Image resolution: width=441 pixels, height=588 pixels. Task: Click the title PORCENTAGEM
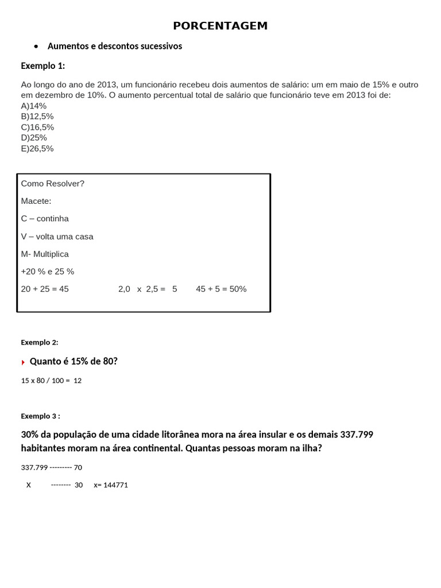(x=220, y=26)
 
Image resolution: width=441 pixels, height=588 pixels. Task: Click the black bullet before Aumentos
(x=36, y=46)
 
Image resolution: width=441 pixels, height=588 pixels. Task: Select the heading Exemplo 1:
(x=43, y=65)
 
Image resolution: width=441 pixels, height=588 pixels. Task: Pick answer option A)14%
(x=34, y=106)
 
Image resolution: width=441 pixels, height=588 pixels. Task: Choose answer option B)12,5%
(x=37, y=117)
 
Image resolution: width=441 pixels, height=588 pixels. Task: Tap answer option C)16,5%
(x=37, y=127)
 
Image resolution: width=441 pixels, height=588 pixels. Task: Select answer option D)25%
(x=34, y=138)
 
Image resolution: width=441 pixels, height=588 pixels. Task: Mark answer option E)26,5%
(x=37, y=148)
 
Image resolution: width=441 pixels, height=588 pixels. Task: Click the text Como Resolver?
(x=53, y=184)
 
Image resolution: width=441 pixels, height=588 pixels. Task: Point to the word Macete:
(x=36, y=201)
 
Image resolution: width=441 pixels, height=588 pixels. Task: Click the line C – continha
(x=45, y=219)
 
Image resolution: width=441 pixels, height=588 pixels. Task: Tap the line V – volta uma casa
(x=57, y=237)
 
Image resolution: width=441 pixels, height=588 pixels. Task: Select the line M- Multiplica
(x=45, y=254)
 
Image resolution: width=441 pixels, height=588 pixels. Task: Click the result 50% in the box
(x=238, y=289)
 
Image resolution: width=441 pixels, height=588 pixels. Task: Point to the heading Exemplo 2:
(x=40, y=342)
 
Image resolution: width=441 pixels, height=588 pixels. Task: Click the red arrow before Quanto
(x=24, y=362)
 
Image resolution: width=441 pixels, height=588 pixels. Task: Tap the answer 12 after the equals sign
(x=78, y=381)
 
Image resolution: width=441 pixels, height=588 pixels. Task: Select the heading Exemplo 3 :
(x=40, y=416)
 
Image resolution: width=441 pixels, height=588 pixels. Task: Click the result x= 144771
(x=111, y=485)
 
